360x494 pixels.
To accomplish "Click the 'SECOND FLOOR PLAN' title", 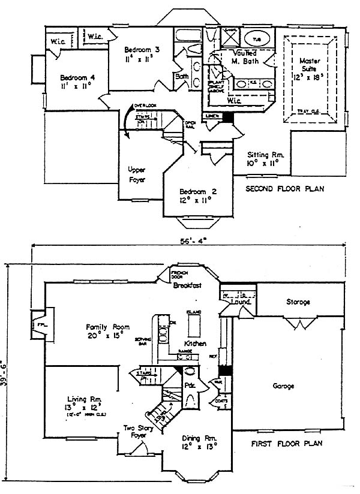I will [x=285, y=189].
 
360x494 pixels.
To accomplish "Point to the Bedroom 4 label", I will [x=75, y=81].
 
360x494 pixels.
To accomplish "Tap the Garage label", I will [x=284, y=386].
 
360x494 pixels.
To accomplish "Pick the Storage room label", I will [x=298, y=302].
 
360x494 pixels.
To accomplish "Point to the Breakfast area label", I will [x=186, y=286].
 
